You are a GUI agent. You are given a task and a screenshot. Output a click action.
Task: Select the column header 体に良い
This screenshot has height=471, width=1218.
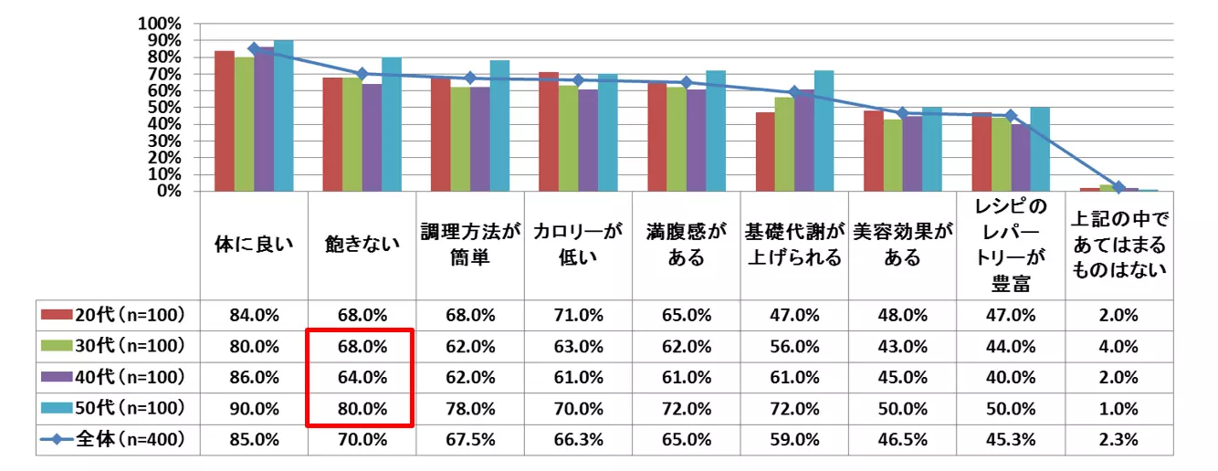(x=254, y=245)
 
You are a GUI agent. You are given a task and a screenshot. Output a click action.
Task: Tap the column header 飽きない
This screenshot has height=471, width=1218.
(x=362, y=245)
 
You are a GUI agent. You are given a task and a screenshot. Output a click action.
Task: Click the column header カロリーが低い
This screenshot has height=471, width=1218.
(x=577, y=245)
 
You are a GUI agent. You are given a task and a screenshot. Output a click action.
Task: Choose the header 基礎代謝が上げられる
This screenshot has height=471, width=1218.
(x=793, y=245)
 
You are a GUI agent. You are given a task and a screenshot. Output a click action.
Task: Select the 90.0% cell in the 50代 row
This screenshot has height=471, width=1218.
(x=254, y=408)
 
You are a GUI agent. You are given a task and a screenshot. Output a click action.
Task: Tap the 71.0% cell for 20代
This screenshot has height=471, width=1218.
(x=577, y=315)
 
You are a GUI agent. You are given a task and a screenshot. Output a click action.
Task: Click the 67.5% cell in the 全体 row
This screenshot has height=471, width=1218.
(x=469, y=439)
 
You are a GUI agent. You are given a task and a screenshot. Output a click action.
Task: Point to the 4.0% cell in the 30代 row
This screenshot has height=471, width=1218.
(x=1118, y=346)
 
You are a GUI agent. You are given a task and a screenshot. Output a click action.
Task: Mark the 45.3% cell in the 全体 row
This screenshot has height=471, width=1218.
(x=1011, y=439)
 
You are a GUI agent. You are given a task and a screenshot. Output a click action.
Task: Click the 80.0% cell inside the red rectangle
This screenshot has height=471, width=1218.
(x=362, y=408)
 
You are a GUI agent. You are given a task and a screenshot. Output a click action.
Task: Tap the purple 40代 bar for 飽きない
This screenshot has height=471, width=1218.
(x=372, y=138)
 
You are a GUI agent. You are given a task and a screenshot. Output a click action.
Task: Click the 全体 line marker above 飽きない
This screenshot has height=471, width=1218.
(x=362, y=74)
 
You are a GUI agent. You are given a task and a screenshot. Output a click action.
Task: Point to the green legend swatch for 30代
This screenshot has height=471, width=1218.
(x=58, y=346)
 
